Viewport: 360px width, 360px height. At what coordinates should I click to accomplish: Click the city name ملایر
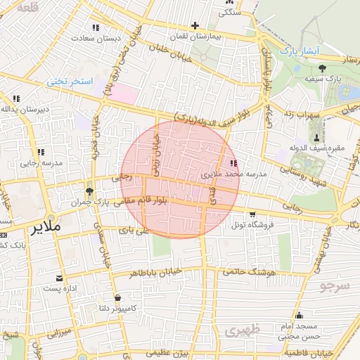[47, 229]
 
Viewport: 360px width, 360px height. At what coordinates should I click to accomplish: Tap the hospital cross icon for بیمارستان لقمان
[195, 26]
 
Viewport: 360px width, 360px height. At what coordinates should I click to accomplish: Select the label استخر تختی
[70, 82]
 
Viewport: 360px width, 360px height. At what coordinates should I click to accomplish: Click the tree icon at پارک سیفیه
[322, 68]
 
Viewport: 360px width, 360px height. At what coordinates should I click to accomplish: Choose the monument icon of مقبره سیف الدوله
[316, 136]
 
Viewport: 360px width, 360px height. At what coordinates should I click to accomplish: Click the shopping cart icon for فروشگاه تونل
[252, 214]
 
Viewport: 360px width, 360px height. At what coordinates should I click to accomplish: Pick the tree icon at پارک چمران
[89, 191]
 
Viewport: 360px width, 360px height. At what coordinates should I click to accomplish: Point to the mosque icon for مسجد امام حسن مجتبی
[300, 315]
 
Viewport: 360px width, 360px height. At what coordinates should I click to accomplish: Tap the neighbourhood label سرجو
[335, 285]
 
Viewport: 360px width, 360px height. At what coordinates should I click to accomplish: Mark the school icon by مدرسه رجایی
[40, 152]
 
